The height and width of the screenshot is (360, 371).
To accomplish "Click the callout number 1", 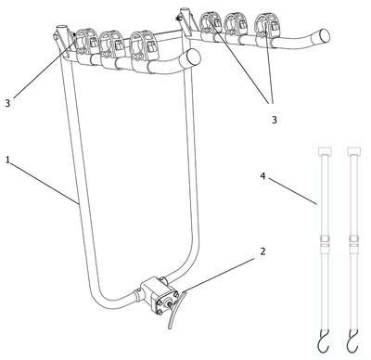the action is (8, 160).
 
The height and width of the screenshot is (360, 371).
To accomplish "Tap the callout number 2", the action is (262, 251).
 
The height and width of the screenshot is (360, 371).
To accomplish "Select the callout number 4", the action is (262, 176).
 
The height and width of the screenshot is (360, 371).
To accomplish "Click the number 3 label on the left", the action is (7, 103).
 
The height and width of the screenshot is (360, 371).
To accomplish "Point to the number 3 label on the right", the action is (275, 120).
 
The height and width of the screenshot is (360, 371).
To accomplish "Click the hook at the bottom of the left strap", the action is (323, 344).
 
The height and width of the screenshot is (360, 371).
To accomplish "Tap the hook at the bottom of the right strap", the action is (352, 344).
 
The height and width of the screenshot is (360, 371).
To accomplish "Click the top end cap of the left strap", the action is (326, 151).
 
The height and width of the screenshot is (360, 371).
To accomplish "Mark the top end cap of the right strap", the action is (354, 151).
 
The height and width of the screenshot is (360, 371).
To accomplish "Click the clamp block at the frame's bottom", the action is (158, 294).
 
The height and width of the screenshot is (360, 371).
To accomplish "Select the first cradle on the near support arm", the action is (85, 46).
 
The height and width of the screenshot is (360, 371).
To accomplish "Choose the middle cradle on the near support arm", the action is (111, 49).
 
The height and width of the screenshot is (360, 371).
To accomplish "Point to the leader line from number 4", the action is (292, 191).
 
